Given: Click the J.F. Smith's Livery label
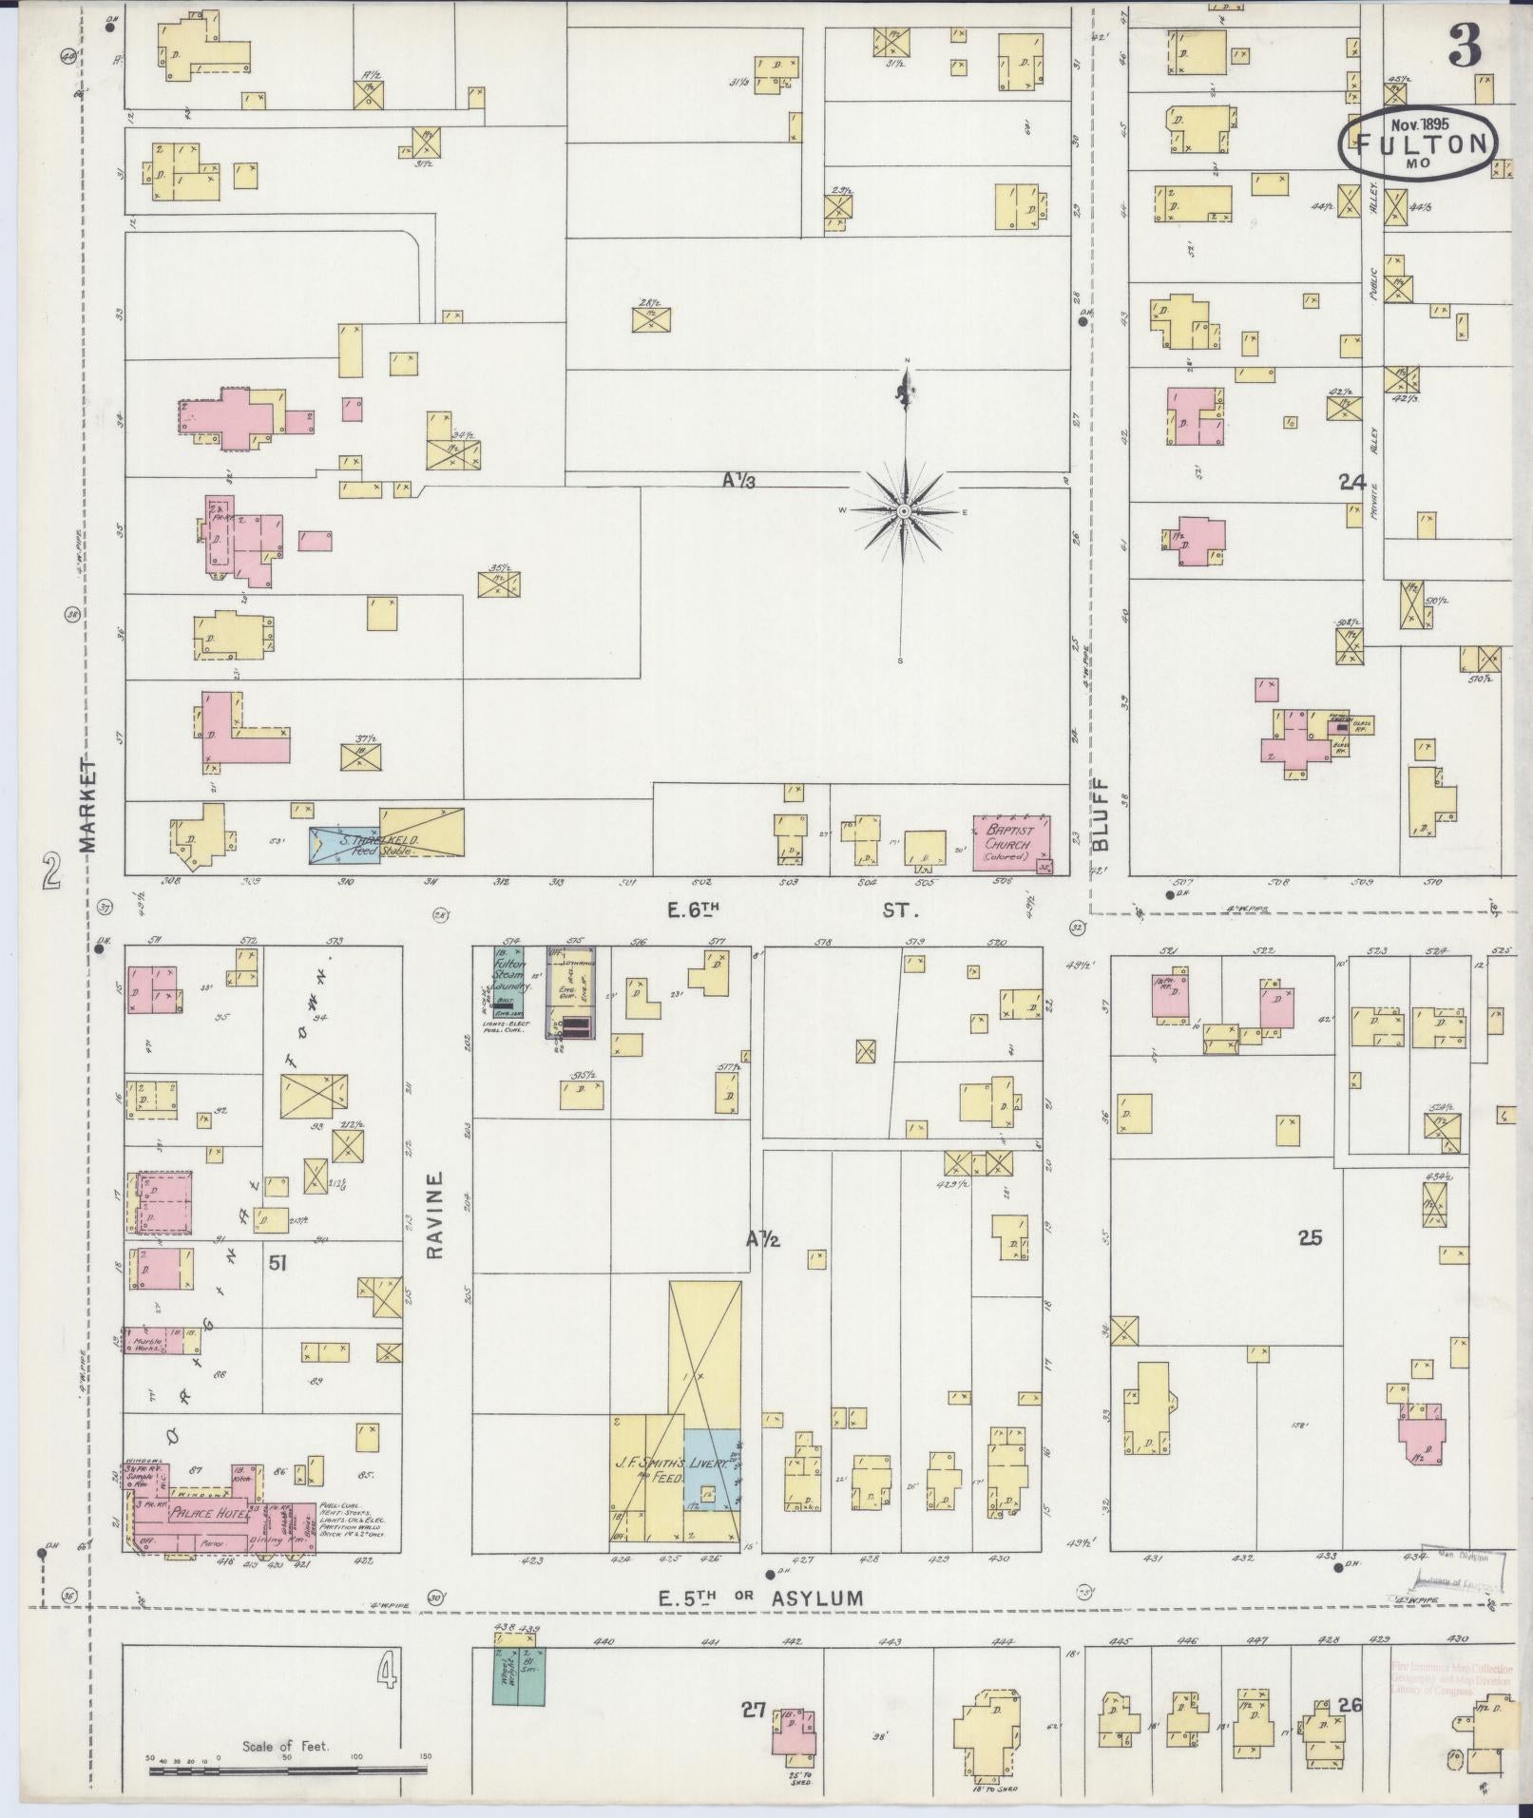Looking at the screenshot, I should tap(672, 1493).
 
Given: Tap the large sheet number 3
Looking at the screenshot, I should tap(1465, 46).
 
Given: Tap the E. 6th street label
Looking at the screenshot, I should tap(693, 910).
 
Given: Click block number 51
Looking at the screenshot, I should tap(278, 1262).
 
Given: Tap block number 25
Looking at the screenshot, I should tap(1310, 1237).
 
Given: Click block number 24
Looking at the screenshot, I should tap(1351, 483).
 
